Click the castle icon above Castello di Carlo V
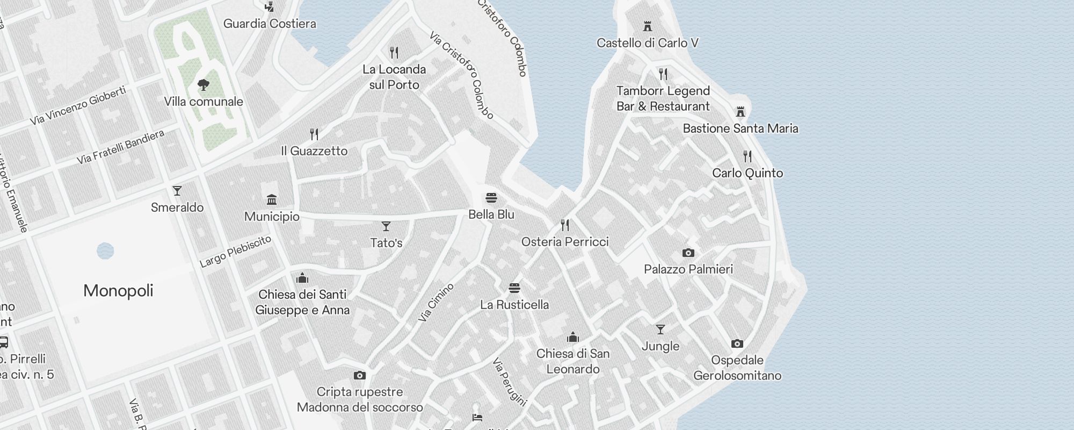point(647,26)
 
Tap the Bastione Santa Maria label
point(740,128)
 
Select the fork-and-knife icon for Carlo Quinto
point(748,156)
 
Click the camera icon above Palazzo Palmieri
point(688,253)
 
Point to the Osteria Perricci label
point(565,242)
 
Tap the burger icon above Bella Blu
point(491,198)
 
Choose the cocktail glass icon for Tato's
point(386,226)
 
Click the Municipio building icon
point(272,200)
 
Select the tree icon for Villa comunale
point(203,84)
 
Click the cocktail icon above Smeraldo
point(177,191)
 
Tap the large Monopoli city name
point(118,291)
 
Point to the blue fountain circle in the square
point(105,250)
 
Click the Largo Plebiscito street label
point(235,252)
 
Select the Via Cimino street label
point(436,303)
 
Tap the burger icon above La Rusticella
point(514,288)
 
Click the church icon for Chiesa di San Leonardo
point(573,338)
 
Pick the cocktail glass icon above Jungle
point(660,329)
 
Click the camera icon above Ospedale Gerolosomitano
point(737,343)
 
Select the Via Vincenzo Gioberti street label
point(78,105)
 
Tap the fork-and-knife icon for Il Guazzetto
point(314,134)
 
